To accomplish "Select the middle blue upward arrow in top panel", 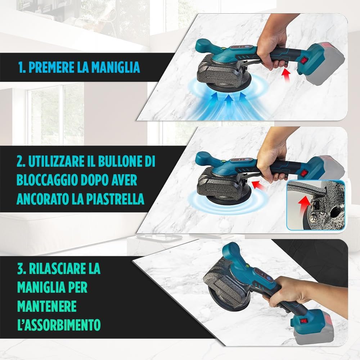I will click(227, 103).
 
